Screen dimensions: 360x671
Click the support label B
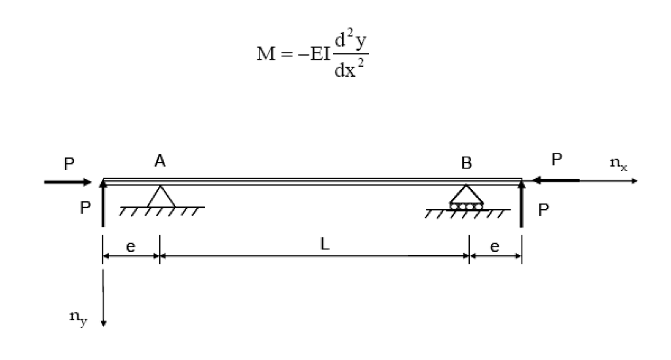pyautogui.click(x=466, y=163)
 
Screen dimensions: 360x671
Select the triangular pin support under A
pyautogui.click(x=159, y=197)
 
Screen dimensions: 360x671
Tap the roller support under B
pyautogui.click(x=466, y=199)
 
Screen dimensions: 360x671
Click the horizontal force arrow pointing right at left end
pyautogui.click(x=68, y=182)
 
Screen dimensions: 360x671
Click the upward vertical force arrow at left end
pyautogui.click(x=103, y=203)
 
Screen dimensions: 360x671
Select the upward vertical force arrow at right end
pyautogui.click(x=522, y=205)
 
